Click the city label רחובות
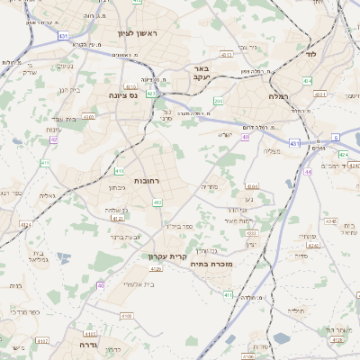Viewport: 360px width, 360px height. pyautogui.click(x=147, y=181)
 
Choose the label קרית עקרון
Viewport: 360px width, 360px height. pyautogui.click(x=167, y=256)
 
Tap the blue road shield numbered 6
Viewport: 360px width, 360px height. pyautogui.click(x=335, y=137)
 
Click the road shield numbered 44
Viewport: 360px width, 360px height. pyautogui.click(x=309, y=171)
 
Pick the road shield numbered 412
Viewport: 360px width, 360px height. pyautogui.click(x=157, y=202)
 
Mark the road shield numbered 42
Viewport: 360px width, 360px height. pyautogui.click(x=54, y=139)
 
